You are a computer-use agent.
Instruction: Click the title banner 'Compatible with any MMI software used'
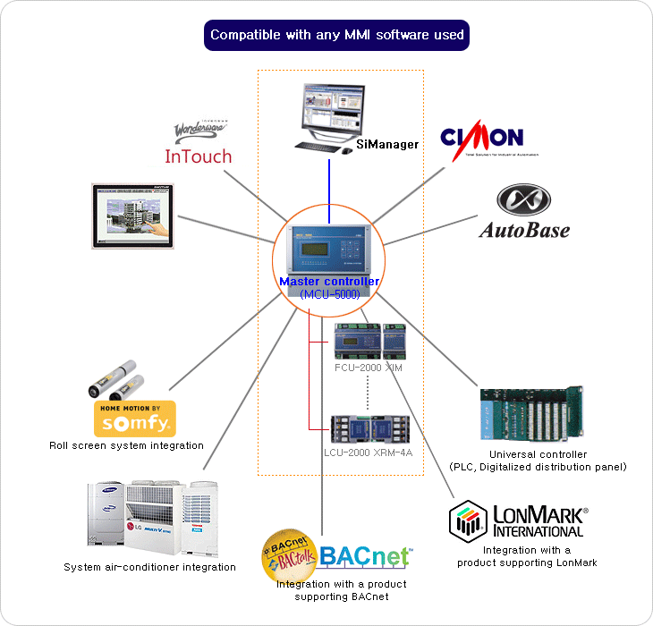click(x=337, y=36)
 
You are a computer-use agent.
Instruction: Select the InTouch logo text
click(x=198, y=156)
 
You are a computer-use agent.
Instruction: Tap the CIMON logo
click(x=481, y=139)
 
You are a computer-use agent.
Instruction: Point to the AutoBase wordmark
click(x=524, y=230)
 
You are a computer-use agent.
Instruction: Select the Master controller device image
click(x=328, y=249)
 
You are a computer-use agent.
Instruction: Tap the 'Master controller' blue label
click(x=328, y=282)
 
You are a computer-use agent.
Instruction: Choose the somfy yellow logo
click(x=135, y=419)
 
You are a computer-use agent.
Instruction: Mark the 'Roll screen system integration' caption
click(x=127, y=445)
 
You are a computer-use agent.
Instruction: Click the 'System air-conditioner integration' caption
click(x=150, y=567)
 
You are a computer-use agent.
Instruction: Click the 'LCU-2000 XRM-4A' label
click(x=369, y=453)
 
